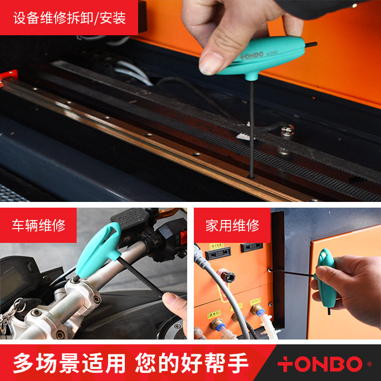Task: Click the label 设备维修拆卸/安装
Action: coord(70,18)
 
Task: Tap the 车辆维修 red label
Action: coord(38,225)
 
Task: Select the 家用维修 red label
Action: coord(232,225)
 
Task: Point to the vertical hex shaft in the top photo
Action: coord(251,129)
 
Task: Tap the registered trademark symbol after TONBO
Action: coord(369,364)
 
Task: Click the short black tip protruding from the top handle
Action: coord(311,45)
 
